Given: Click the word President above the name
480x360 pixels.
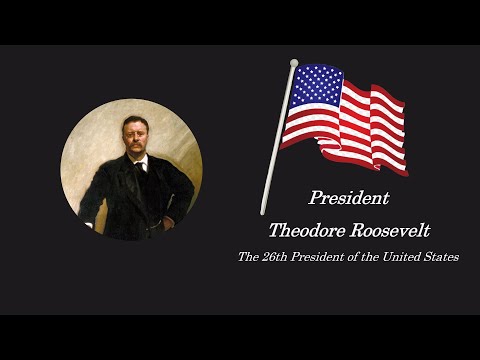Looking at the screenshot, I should click(x=349, y=198).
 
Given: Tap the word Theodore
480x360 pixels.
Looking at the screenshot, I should click(x=308, y=230).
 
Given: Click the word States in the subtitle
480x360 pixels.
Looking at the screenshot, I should click(x=441, y=257).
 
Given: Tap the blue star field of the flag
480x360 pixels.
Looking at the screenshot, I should click(x=315, y=84).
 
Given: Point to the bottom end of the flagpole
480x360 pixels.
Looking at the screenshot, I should click(x=263, y=212).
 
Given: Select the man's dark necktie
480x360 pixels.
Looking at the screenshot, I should click(x=139, y=166).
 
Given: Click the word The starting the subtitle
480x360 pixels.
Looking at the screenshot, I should click(x=247, y=257).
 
